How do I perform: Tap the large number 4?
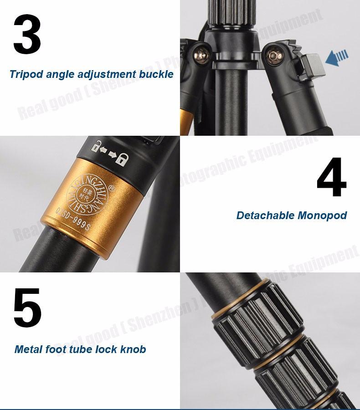332,177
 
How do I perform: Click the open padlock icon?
97,146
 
